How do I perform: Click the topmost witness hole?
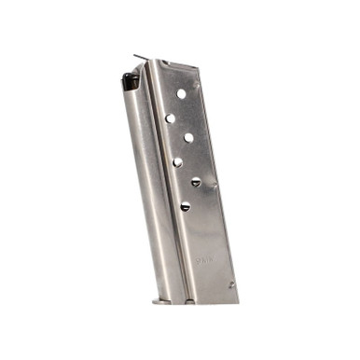tap(182, 93)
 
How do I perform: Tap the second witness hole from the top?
tap(171, 118)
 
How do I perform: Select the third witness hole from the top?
tap(188, 137)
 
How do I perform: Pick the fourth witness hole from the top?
tap(177, 161)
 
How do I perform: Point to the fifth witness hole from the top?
tap(196, 182)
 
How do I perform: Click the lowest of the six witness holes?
tap(185, 206)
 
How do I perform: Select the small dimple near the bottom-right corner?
tap(231, 284)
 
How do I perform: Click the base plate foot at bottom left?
tap(160, 300)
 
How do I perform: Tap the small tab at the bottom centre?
tap(189, 301)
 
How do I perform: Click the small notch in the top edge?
tap(164, 63)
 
